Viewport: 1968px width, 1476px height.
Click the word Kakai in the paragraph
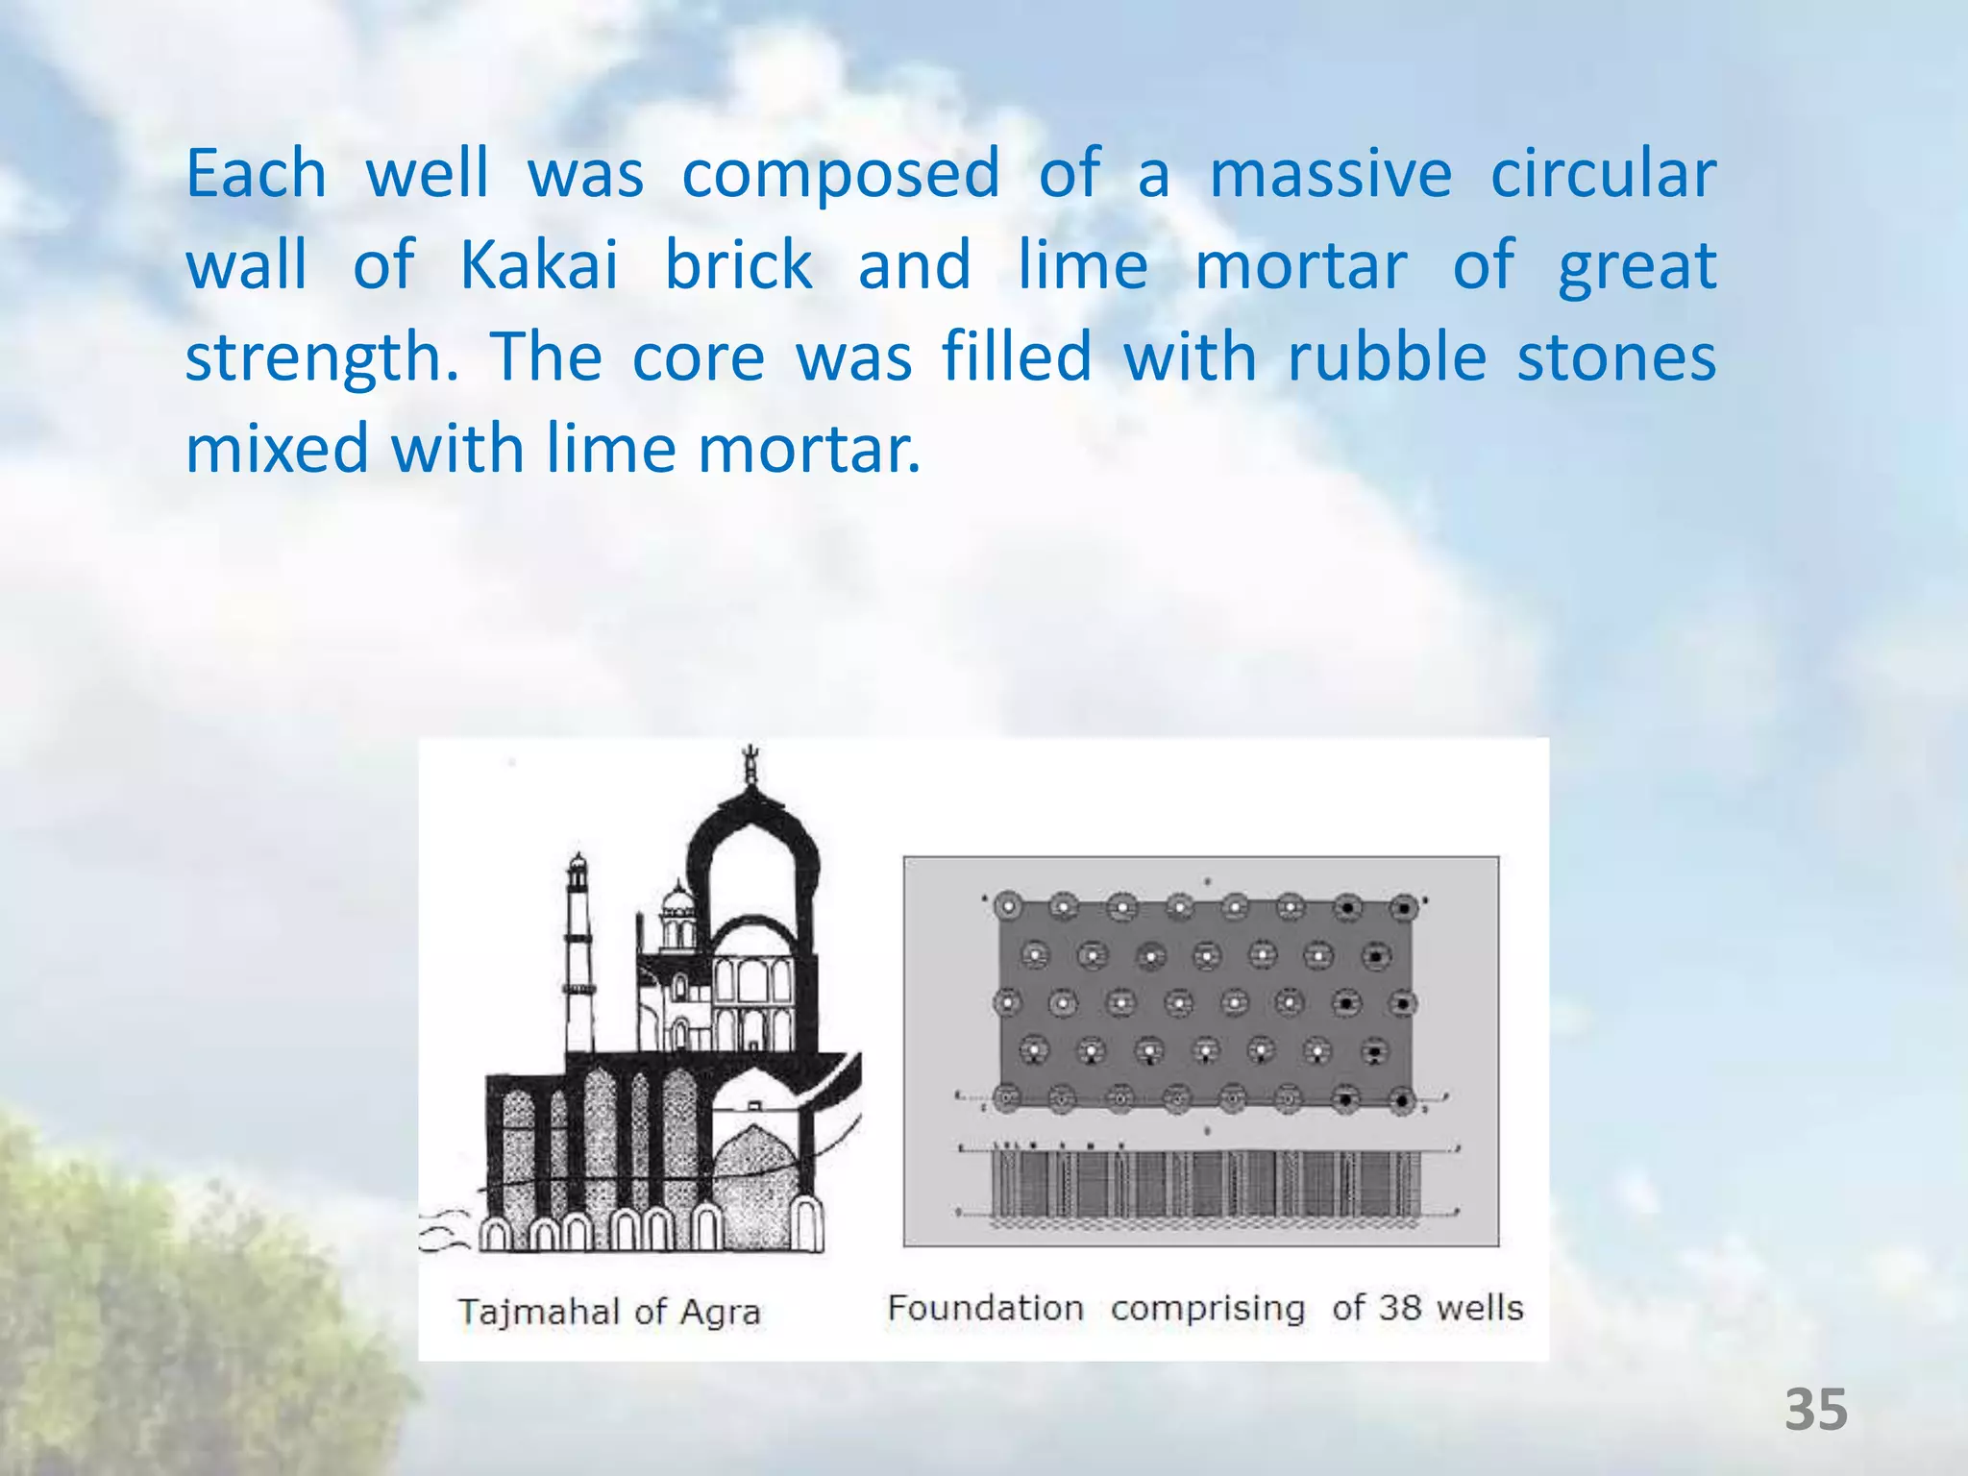(x=539, y=265)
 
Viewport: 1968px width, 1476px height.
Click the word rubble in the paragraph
(x=1387, y=357)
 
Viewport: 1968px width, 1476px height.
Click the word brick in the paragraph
(x=738, y=265)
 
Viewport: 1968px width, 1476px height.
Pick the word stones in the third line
(x=1616, y=357)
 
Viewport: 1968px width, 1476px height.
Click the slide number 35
(x=1816, y=1411)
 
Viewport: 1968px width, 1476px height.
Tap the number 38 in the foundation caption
(x=1400, y=1308)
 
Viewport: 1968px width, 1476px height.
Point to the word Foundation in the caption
(x=985, y=1308)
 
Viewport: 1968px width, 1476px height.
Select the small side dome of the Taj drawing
(x=678, y=903)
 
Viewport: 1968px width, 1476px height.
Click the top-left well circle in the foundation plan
(x=1008, y=905)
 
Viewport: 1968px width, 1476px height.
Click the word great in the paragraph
(x=1636, y=267)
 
